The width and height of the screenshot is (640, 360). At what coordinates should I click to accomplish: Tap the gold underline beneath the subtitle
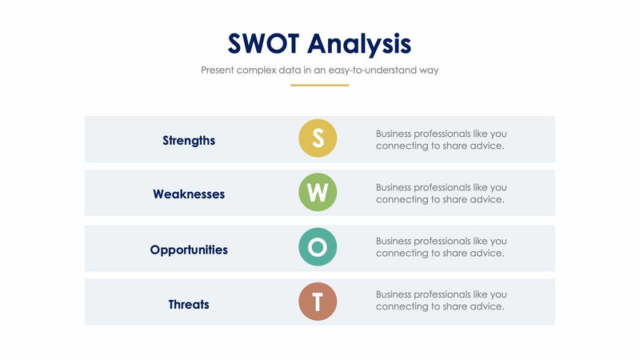click(x=319, y=85)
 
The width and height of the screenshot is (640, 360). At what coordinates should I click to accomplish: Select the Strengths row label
click(x=189, y=140)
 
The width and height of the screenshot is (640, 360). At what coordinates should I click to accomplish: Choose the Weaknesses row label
click(x=189, y=194)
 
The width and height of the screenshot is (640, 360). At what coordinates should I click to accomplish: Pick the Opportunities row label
click(x=189, y=250)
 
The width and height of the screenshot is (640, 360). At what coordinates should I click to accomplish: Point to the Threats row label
click(x=189, y=304)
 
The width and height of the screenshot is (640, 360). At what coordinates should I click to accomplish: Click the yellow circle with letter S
click(x=318, y=138)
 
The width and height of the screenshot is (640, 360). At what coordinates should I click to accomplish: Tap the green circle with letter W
click(x=318, y=193)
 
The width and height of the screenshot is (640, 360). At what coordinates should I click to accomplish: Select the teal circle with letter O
click(x=318, y=248)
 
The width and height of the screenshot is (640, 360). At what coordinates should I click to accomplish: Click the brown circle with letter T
click(x=318, y=302)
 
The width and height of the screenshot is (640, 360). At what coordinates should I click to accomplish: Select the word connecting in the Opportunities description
click(x=402, y=253)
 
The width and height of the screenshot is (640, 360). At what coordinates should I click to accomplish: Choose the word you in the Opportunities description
click(x=498, y=241)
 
